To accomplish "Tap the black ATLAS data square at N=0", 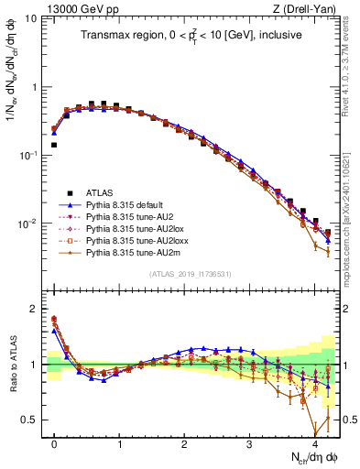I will point(54,145).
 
